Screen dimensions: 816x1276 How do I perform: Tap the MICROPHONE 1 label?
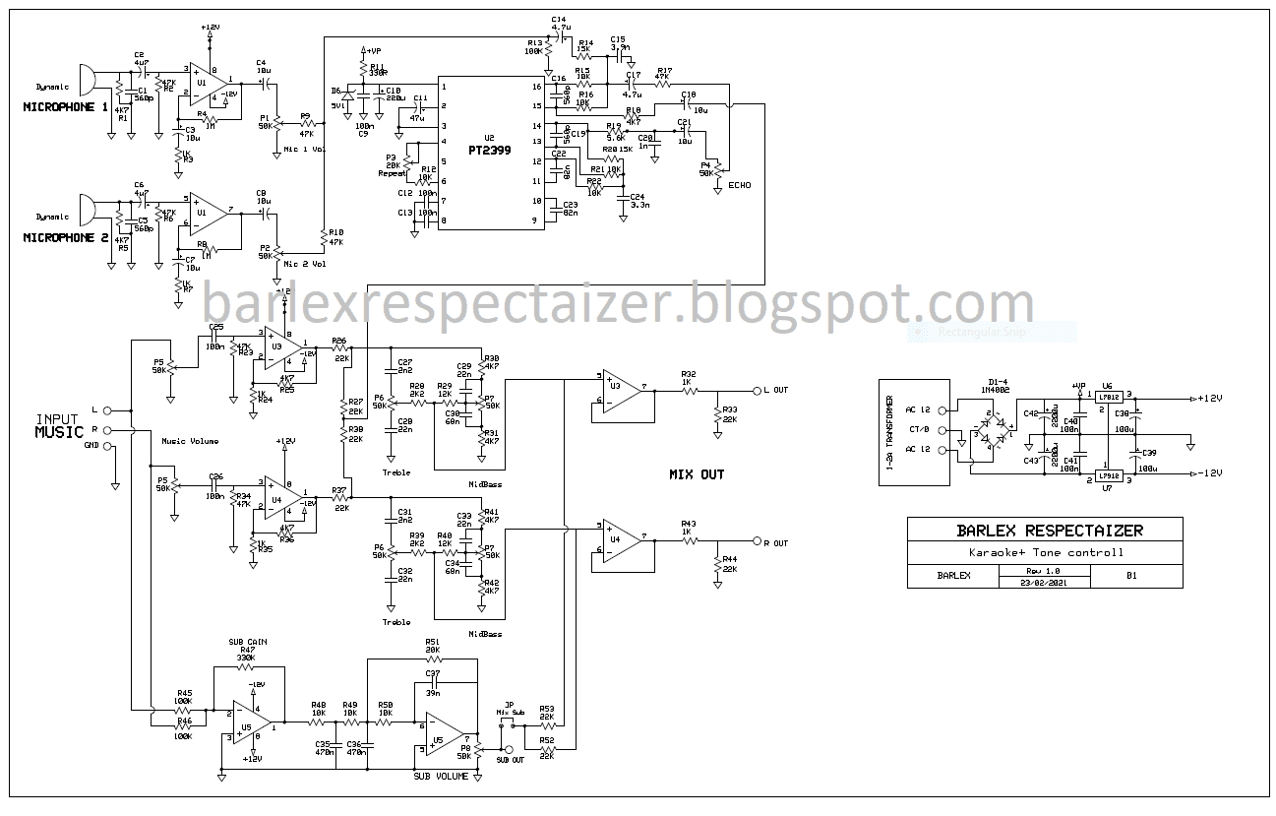[66, 106]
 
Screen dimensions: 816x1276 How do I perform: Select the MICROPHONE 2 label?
[66, 237]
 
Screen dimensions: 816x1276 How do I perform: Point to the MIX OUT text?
[697, 474]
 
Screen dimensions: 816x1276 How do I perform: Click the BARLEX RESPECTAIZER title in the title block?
[1050, 531]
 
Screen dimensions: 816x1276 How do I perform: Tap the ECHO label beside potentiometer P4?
[740, 184]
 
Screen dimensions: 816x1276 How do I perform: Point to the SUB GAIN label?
[248, 642]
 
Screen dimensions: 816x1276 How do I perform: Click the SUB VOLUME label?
[440, 777]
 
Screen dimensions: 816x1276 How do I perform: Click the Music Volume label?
[190, 441]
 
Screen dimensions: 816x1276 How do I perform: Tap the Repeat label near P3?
[393, 173]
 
